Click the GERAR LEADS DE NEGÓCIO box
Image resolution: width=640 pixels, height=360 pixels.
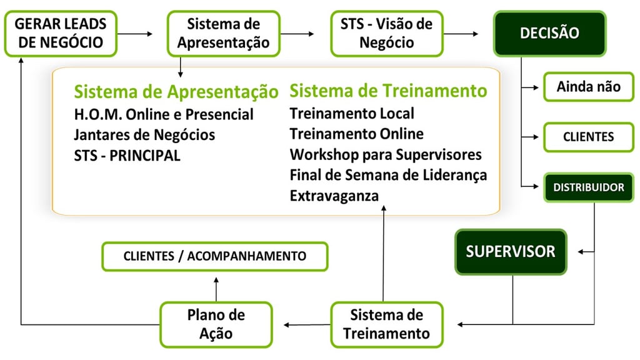(61, 34)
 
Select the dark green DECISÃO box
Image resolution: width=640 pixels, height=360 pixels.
(550, 34)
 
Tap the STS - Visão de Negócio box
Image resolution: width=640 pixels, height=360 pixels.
(387, 34)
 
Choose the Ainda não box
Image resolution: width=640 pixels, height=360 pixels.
(589, 86)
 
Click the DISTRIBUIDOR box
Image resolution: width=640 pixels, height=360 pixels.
(589, 187)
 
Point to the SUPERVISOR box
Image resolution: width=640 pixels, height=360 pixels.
(511, 252)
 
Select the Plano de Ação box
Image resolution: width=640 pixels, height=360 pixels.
(216, 324)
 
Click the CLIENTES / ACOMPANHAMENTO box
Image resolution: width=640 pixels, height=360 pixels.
(215, 256)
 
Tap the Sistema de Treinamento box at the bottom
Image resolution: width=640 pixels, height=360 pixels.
(387, 324)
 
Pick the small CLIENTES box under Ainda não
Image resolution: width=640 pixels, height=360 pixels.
(589, 137)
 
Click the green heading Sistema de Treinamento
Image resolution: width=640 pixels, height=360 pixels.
(388, 91)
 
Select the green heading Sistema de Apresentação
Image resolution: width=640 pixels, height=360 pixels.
(176, 91)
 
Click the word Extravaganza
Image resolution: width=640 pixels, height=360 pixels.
(334, 196)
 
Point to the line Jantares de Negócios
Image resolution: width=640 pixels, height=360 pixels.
(144, 135)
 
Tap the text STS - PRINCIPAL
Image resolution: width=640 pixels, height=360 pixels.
(127, 156)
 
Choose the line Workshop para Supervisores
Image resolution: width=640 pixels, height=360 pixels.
(386, 155)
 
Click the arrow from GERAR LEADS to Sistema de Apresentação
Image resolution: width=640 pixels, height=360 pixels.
(135, 34)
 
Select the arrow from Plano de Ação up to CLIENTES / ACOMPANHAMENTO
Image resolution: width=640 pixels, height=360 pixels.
(216, 289)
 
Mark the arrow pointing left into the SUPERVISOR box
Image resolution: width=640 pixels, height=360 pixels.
(586, 252)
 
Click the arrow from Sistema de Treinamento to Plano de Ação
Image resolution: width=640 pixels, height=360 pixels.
(307, 325)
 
